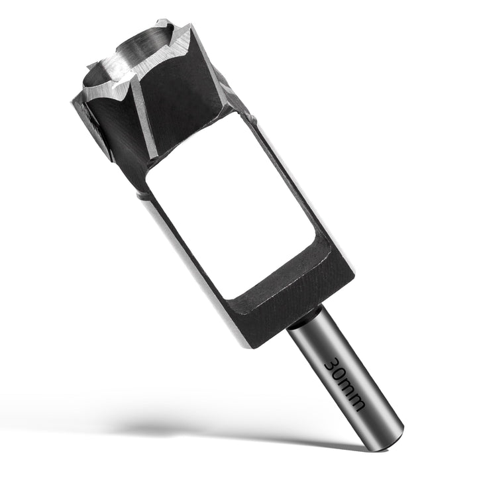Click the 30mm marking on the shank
coord(344,384)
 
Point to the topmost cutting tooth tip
coord(158,21)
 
